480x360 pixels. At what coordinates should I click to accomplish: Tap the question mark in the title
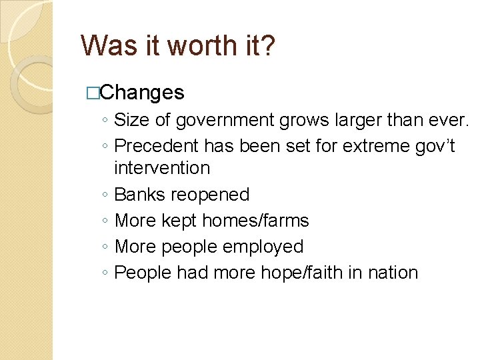pos(266,46)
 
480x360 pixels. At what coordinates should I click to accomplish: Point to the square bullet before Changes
pos(93,93)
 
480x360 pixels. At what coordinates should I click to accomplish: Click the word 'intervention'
pos(162,168)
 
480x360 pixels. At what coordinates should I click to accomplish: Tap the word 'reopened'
pos(210,195)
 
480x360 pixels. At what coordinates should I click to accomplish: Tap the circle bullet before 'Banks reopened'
pos(107,195)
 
